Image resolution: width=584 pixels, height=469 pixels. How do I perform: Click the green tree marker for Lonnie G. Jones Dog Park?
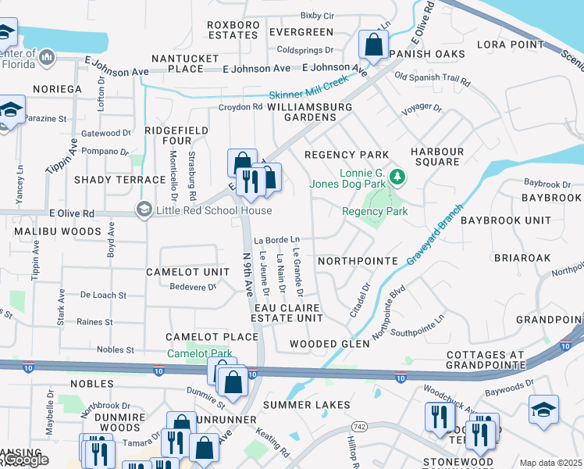[397, 177]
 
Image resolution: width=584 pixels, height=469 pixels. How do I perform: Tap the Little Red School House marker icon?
[143, 209]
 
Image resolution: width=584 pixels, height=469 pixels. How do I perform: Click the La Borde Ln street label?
[276, 239]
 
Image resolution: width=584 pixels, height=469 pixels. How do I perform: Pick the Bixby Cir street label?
[316, 15]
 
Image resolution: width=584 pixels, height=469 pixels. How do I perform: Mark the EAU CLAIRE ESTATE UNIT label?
[287, 313]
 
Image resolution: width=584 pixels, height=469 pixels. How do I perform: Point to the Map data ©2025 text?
[550, 463]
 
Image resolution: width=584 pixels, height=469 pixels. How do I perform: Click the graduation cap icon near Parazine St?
[9, 111]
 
